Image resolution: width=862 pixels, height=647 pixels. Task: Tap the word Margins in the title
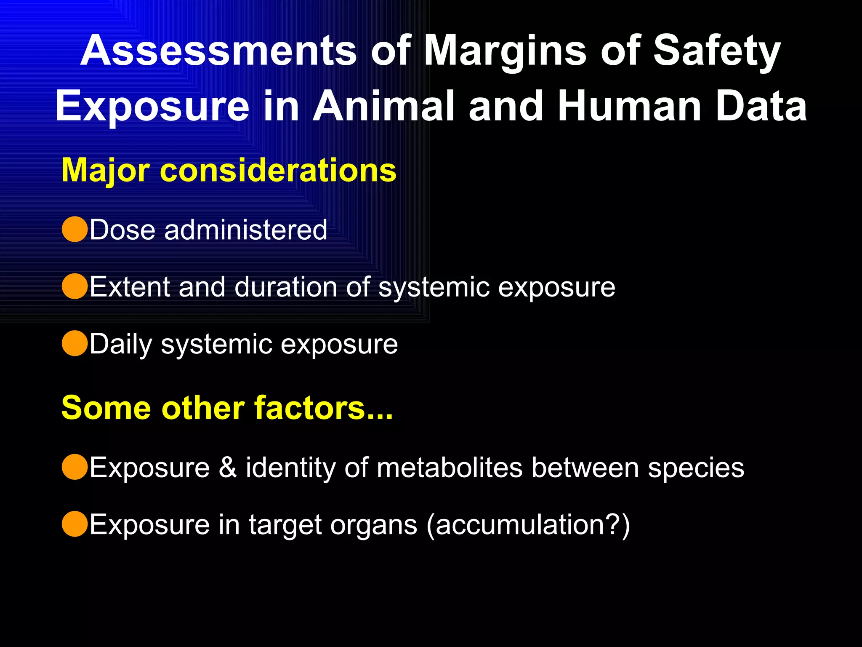[x=505, y=51]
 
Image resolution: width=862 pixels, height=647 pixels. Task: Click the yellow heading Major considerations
[x=229, y=170]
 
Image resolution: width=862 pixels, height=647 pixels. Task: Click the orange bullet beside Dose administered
[x=74, y=230]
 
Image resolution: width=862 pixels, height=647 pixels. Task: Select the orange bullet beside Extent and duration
[x=74, y=286]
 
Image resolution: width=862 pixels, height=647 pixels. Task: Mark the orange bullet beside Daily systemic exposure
[x=74, y=344]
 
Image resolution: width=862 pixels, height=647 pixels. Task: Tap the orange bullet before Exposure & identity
[x=74, y=467]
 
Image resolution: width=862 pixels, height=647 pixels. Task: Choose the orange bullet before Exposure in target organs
[x=74, y=524]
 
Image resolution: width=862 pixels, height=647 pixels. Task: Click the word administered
[x=246, y=230]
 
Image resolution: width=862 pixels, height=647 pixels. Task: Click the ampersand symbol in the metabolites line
[x=228, y=467]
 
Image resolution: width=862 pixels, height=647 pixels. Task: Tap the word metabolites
[x=449, y=467]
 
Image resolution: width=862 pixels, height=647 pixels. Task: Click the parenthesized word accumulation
[x=528, y=525]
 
